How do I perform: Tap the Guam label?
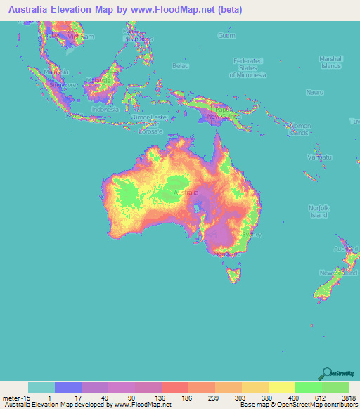(x=226, y=35)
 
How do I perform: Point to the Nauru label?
(x=314, y=92)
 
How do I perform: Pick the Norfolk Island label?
(x=319, y=211)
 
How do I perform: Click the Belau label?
(x=181, y=66)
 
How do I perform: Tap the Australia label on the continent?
(x=186, y=192)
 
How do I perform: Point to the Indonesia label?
(x=105, y=110)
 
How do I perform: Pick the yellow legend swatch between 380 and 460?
(x=281, y=387)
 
